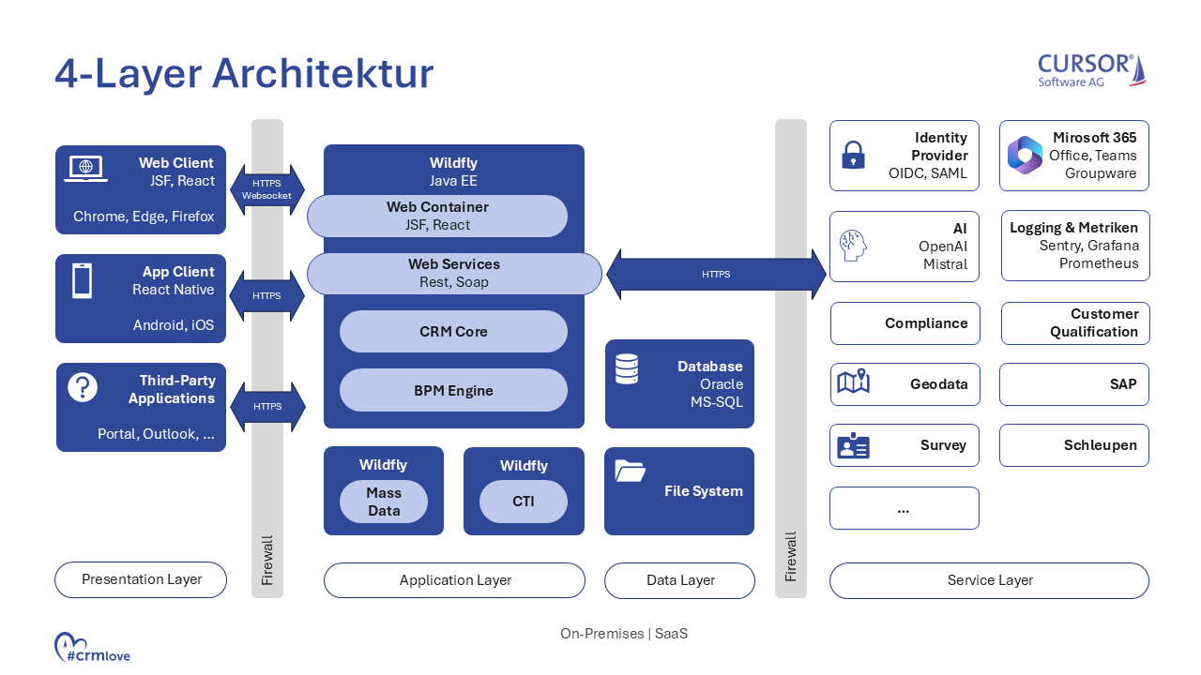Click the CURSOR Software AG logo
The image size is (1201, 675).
point(1091,70)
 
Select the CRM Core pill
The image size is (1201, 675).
point(453,332)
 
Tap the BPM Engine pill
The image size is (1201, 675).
point(453,391)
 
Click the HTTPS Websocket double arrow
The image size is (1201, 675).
point(267,189)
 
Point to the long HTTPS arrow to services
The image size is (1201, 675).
point(716,274)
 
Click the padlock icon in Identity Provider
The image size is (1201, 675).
point(853,155)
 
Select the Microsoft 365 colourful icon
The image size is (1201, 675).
point(1025,156)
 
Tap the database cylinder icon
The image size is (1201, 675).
point(627,368)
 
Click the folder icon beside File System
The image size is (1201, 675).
point(630,471)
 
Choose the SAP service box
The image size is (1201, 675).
point(1074,384)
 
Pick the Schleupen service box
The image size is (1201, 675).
point(1074,445)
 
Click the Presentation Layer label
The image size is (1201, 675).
point(141,579)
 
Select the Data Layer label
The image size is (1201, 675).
point(679,580)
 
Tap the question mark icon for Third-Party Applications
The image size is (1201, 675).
point(83,387)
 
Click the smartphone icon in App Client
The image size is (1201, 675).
point(83,280)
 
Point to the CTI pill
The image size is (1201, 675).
point(523,502)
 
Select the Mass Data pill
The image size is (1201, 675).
point(383,502)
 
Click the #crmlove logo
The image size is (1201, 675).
point(92,648)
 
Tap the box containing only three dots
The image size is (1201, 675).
point(904,508)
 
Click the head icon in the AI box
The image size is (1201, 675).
point(853,247)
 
